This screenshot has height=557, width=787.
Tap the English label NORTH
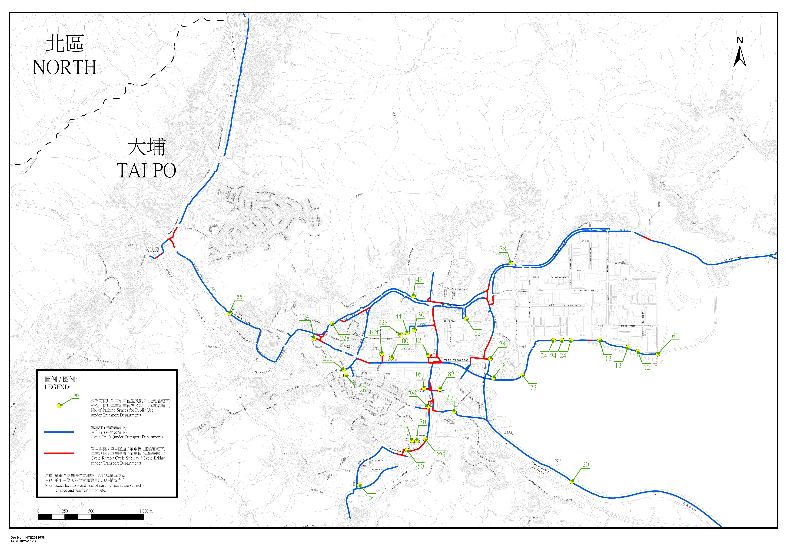[64, 68]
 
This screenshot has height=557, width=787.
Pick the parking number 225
[440, 455]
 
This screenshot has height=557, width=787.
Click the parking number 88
[239, 296]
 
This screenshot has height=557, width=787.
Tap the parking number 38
[503, 249]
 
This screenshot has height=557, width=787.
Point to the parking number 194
[304, 317]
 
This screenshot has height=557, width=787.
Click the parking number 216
[328, 358]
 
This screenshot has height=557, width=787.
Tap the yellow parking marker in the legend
[59, 405]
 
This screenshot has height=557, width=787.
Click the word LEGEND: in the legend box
[57, 387]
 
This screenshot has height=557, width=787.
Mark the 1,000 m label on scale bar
[146, 511]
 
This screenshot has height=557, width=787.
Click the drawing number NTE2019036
[35, 538]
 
